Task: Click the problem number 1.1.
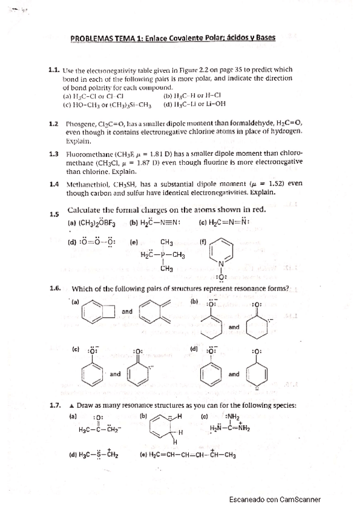click(54, 69)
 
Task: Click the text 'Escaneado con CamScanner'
click(275, 499)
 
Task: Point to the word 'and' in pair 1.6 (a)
click(127, 312)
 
